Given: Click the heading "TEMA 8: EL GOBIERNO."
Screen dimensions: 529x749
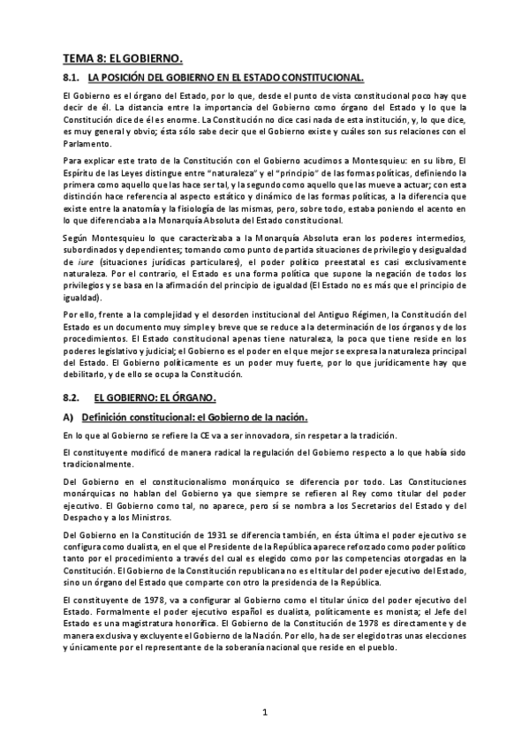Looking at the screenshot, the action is [x=122, y=59].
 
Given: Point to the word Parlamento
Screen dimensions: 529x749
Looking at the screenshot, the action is [x=87, y=143].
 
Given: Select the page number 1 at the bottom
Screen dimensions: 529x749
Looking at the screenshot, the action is [x=264, y=712].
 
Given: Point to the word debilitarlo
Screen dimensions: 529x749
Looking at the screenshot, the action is [x=87, y=376].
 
